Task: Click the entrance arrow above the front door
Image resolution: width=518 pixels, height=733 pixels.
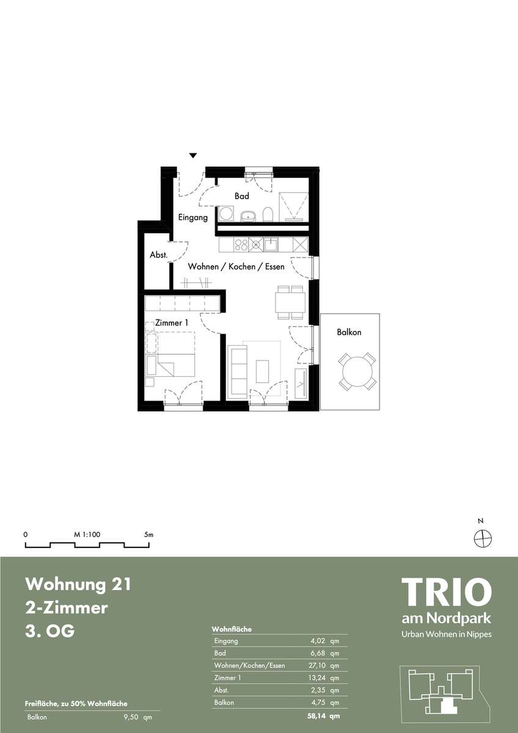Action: [x=194, y=156]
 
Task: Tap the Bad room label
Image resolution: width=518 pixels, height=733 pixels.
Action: [x=242, y=196]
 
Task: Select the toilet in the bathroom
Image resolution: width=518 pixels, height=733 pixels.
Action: [x=268, y=214]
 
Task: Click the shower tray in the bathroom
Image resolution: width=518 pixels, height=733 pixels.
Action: [x=293, y=207]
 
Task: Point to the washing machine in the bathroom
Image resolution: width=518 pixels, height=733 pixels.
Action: [x=225, y=214]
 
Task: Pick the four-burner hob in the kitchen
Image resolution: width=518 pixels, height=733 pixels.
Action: [x=241, y=245]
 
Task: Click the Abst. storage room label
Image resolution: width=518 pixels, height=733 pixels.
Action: [x=159, y=255]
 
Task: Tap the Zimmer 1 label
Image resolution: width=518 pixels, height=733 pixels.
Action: [x=172, y=323]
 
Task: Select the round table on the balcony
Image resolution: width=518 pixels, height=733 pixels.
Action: [x=357, y=371]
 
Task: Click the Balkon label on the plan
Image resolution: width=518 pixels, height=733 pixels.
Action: [x=349, y=332]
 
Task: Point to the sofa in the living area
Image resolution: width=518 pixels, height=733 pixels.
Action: [x=238, y=373]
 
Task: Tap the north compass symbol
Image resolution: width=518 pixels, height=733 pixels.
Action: [x=483, y=538]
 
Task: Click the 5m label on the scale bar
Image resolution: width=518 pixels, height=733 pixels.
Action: [x=148, y=534]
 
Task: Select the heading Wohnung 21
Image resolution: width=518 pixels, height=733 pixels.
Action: [x=78, y=584]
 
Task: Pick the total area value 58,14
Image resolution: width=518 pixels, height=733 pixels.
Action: [x=316, y=716]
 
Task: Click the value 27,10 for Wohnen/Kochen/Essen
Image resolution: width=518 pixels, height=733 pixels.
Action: [x=317, y=665]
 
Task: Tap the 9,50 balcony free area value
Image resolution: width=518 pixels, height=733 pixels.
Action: [x=132, y=717]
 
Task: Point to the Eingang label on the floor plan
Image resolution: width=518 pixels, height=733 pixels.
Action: [x=193, y=217]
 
